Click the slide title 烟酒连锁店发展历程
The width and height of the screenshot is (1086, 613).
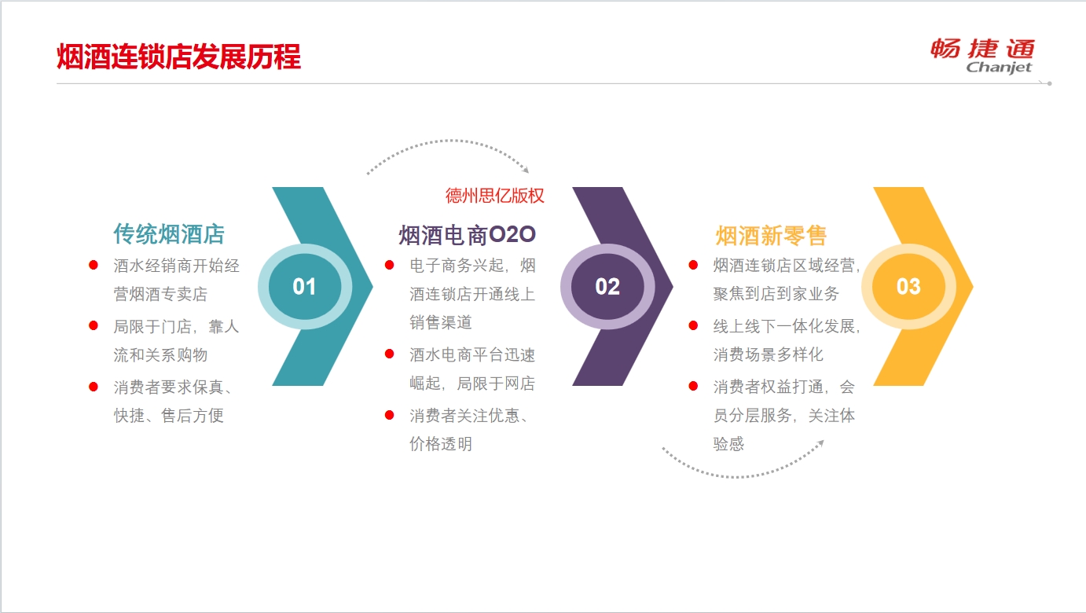pyautogui.click(x=178, y=57)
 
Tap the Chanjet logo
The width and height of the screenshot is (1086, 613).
pyautogui.click(x=982, y=56)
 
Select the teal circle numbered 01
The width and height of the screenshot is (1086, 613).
pyautogui.click(x=305, y=287)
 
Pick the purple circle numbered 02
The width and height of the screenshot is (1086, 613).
pyautogui.click(x=607, y=287)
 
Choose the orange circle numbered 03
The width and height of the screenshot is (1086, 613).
pyautogui.click(x=908, y=287)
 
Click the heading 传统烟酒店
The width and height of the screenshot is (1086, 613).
pyautogui.click(x=169, y=234)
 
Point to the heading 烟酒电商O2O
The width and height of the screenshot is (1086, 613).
pyautogui.click(x=467, y=235)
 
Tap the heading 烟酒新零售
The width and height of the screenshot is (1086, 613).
pyautogui.click(x=771, y=236)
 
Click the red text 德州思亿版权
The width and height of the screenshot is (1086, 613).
pyautogui.click(x=494, y=196)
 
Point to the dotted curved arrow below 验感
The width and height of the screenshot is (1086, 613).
pyautogui.click(x=742, y=476)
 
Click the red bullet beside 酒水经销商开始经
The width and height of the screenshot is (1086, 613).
pyautogui.click(x=94, y=265)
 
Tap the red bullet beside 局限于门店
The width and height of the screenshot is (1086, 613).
pyautogui.click(x=94, y=325)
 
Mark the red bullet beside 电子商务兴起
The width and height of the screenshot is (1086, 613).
pyautogui.click(x=389, y=265)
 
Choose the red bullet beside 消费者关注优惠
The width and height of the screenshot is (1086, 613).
pyautogui.click(x=389, y=415)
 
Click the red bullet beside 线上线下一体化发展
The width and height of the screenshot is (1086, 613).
pyautogui.click(x=693, y=325)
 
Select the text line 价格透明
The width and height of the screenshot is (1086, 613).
pyautogui.click(x=441, y=444)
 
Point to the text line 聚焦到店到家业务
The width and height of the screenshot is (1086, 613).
pyautogui.click(x=776, y=293)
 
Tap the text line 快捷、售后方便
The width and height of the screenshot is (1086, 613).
pyautogui.click(x=169, y=416)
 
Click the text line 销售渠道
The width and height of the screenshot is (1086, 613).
pyautogui.click(x=441, y=322)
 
